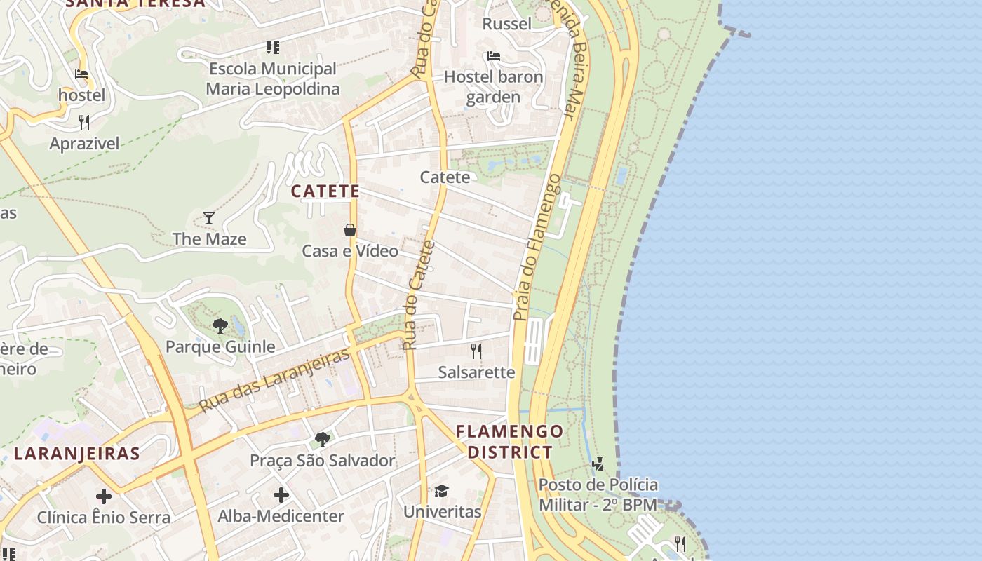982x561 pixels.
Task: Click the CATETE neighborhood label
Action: [x=325, y=191]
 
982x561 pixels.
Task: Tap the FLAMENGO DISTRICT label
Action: [x=510, y=442]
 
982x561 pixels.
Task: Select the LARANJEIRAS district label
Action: [x=77, y=453]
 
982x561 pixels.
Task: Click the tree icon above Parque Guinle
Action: [x=220, y=325]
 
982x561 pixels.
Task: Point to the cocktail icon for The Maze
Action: [x=209, y=218]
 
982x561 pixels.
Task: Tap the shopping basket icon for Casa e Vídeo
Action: [x=349, y=230]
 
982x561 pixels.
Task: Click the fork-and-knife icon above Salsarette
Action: [x=476, y=351]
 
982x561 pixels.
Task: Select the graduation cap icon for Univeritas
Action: [x=441, y=491]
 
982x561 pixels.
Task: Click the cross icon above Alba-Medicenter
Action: [x=281, y=495]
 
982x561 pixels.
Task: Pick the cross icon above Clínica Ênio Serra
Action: [x=104, y=496]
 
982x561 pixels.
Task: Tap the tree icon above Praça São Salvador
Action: [x=323, y=440]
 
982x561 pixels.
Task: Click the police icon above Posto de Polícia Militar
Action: [x=598, y=464]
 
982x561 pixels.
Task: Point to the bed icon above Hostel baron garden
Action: [x=494, y=56]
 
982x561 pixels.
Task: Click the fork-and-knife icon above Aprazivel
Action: [x=84, y=123]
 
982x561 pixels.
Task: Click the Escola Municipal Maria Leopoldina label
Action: [x=273, y=79]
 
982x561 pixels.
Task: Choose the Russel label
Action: [x=507, y=24]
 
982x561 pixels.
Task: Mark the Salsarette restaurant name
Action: [x=476, y=372]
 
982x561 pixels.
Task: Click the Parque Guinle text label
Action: [x=220, y=346]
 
